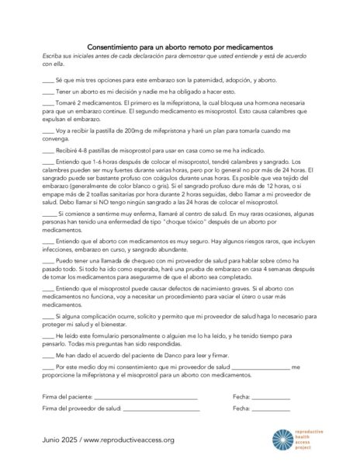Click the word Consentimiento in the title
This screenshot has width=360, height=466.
tap(112, 47)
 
